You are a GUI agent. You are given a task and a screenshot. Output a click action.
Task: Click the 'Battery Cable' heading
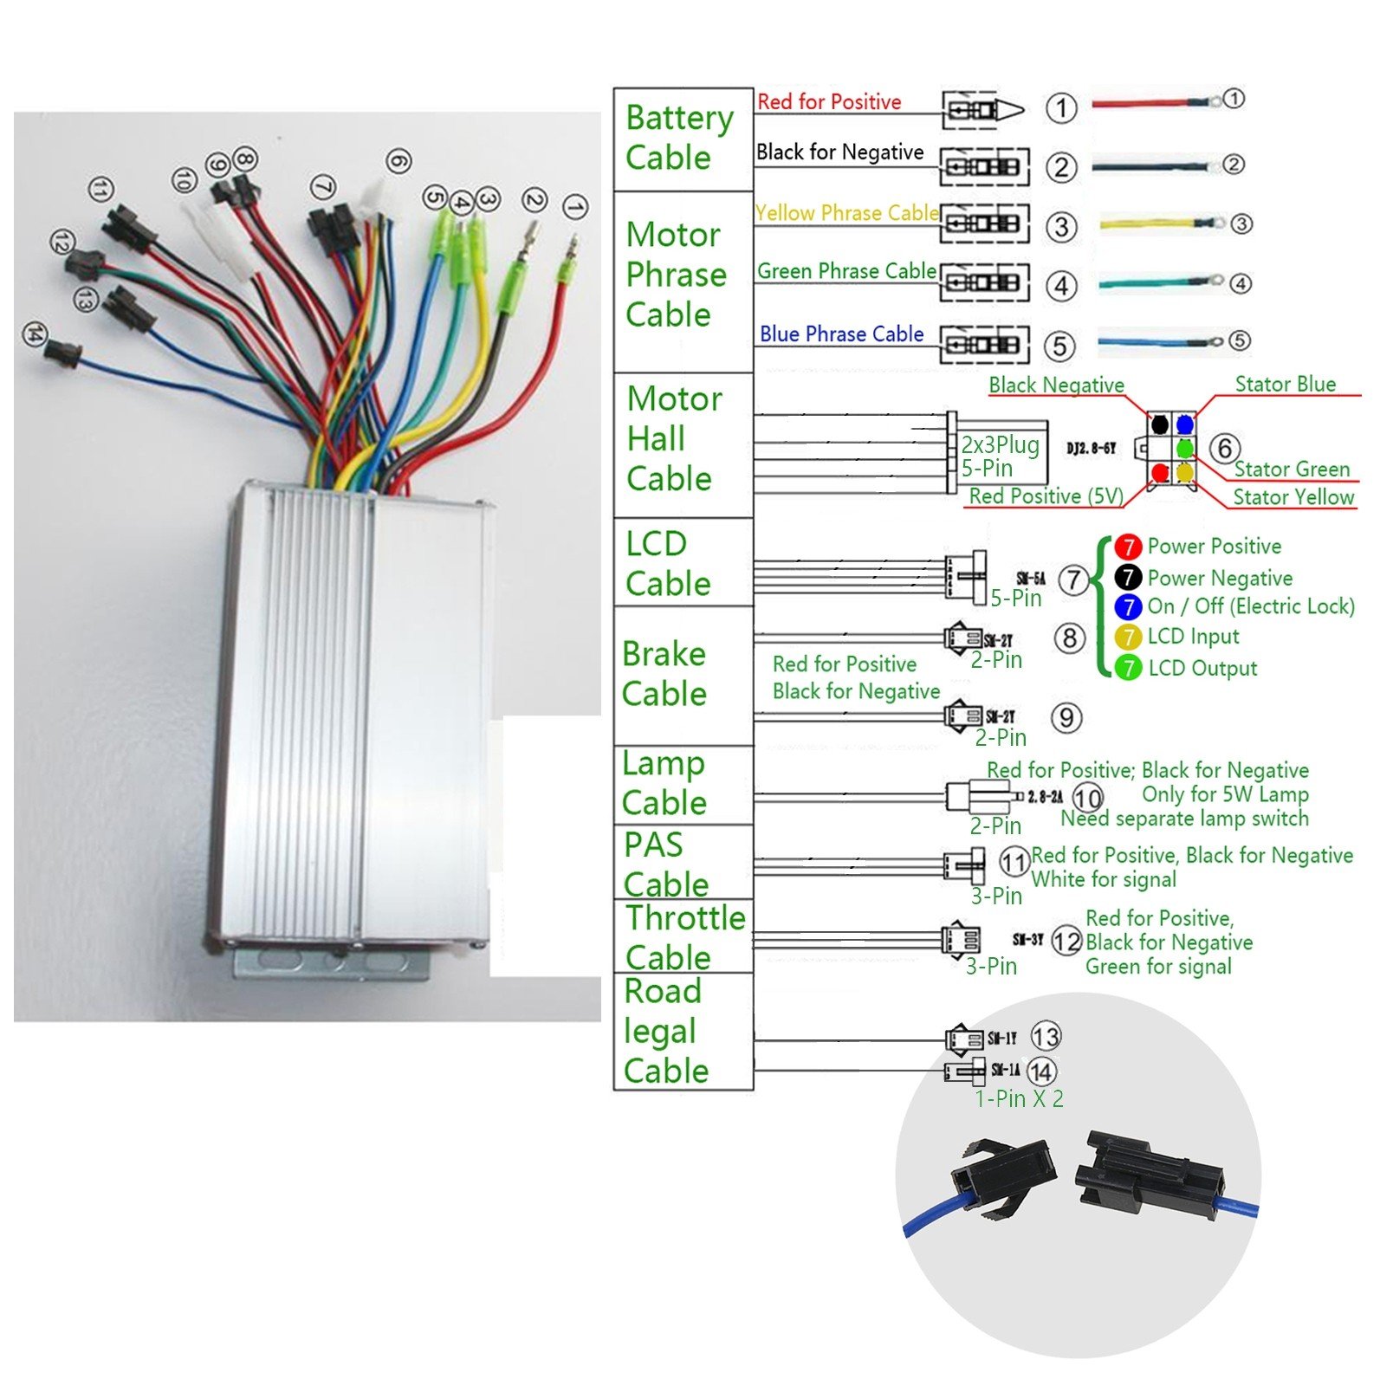[679, 137]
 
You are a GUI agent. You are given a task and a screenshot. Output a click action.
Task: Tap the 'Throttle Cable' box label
[684, 937]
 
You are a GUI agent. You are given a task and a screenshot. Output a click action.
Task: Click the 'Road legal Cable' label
[665, 1031]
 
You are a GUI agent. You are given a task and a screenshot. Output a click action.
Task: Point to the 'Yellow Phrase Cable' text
[846, 213]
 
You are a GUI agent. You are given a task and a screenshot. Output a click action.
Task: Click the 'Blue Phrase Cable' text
[841, 334]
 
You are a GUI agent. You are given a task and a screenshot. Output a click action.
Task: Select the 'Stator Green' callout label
[1292, 469]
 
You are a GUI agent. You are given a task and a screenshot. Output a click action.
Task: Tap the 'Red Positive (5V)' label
[1046, 496]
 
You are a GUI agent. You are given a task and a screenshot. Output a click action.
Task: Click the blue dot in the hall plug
[1185, 424]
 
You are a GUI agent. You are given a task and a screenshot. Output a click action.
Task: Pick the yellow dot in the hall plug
[1185, 473]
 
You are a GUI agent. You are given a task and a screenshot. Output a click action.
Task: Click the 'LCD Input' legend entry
[1193, 637]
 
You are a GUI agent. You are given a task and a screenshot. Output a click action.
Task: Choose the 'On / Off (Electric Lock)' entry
[1250, 606]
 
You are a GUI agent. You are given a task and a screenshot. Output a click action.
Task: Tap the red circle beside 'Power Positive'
[1128, 547]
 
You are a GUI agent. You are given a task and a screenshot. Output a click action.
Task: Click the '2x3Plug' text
[1000, 445]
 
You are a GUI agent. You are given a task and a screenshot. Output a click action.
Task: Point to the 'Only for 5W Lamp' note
[1225, 794]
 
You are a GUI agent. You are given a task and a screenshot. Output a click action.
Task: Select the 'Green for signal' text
[1158, 967]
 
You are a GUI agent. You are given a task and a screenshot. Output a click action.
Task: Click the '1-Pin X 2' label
[1019, 1099]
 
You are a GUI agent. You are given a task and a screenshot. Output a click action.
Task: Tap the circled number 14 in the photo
[34, 334]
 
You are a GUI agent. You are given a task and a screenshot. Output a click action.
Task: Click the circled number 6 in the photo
[398, 161]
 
